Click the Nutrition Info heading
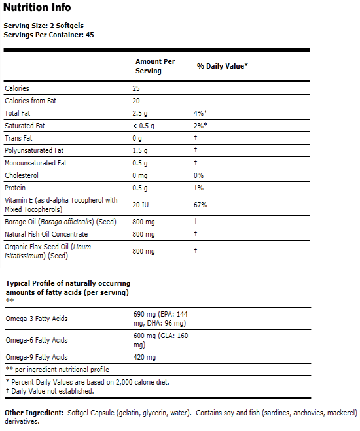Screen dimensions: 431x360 [37, 8]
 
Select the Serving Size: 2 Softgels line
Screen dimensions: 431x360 [39, 26]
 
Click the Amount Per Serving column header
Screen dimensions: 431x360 [155, 66]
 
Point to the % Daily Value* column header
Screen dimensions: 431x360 [222, 66]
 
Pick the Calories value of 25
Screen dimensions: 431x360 [137, 88]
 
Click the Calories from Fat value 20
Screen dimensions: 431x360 [137, 101]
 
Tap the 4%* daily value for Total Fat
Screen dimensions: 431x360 [200, 113]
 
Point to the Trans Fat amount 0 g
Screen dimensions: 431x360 [137, 138]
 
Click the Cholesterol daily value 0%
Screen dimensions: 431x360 [198, 175]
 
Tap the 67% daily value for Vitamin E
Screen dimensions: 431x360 [200, 205]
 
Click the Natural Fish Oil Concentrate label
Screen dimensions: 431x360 [46, 234]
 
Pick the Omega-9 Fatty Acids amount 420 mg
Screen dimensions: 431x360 [144, 357]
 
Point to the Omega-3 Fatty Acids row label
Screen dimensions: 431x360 [36, 319]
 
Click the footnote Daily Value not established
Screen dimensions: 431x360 [50, 391]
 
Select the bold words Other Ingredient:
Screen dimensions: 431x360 [33, 413]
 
